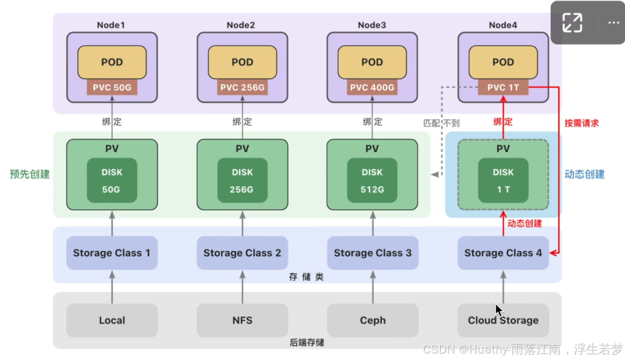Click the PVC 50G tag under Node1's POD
point(112,87)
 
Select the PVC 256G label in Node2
point(242,87)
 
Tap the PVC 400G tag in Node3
point(372,87)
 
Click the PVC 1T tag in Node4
point(503,87)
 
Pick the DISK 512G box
point(372,180)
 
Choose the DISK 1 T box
point(503,180)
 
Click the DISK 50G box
point(112,180)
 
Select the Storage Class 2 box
point(242,253)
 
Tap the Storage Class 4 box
point(503,253)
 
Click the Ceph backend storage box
point(372,320)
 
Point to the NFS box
point(242,320)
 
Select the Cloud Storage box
point(503,320)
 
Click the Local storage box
point(112,320)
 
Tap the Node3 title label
point(372,25)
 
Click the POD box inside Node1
point(112,62)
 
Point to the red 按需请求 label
point(582,123)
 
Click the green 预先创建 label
point(30,174)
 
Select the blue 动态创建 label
point(584,174)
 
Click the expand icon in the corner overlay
point(572,22)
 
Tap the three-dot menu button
point(613,22)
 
